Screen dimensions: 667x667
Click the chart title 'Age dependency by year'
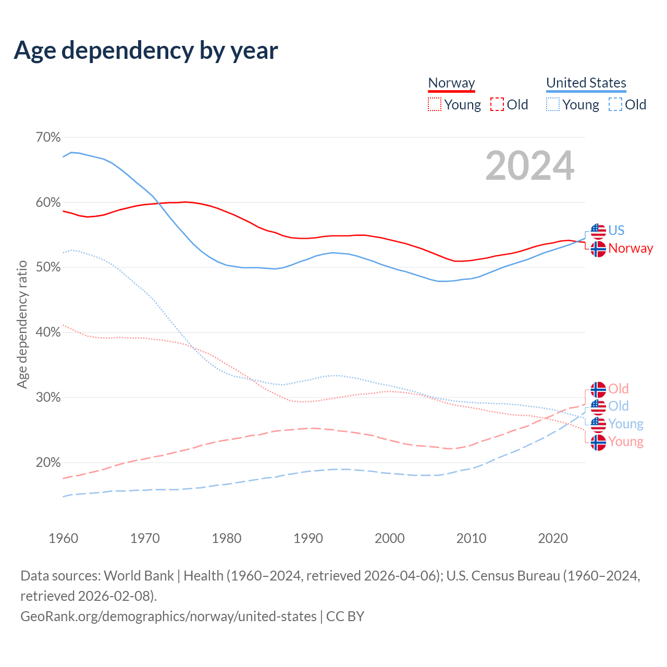pyautogui.click(x=146, y=50)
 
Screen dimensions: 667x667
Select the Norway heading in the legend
pyautogui.click(x=451, y=83)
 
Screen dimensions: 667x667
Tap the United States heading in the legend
pyautogui.click(x=586, y=83)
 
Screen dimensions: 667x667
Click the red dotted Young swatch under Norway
pyautogui.click(x=434, y=104)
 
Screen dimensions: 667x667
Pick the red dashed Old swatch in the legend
pyautogui.click(x=497, y=104)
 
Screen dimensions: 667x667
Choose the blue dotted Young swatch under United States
pyautogui.click(x=552, y=104)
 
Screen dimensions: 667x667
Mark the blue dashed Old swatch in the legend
pyautogui.click(x=615, y=104)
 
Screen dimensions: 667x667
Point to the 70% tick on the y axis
pyautogui.click(x=48, y=138)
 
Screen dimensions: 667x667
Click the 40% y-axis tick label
pyautogui.click(x=48, y=332)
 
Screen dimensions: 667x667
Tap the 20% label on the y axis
pyautogui.click(x=48, y=463)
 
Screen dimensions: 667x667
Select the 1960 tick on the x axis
pyautogui.click(x=63, y=538)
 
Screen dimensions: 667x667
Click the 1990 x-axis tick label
pyautogui.click(x=308, y=538)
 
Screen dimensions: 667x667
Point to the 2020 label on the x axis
pyautogui.click(x=552, y=538)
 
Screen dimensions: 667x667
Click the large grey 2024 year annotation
pyautogui.click(x=529, y=166)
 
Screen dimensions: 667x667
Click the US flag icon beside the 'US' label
pyautogui.click(x=598, y=231)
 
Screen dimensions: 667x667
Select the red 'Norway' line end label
pyautogui.click(x=631, y=249)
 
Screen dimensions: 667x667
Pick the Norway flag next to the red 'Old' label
pyautogui.click(x=598, y=389)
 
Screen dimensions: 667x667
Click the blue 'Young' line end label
pyautogui.click(x=626, y=424)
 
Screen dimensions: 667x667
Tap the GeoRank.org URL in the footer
pyautogui.click(x=168, y=616)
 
